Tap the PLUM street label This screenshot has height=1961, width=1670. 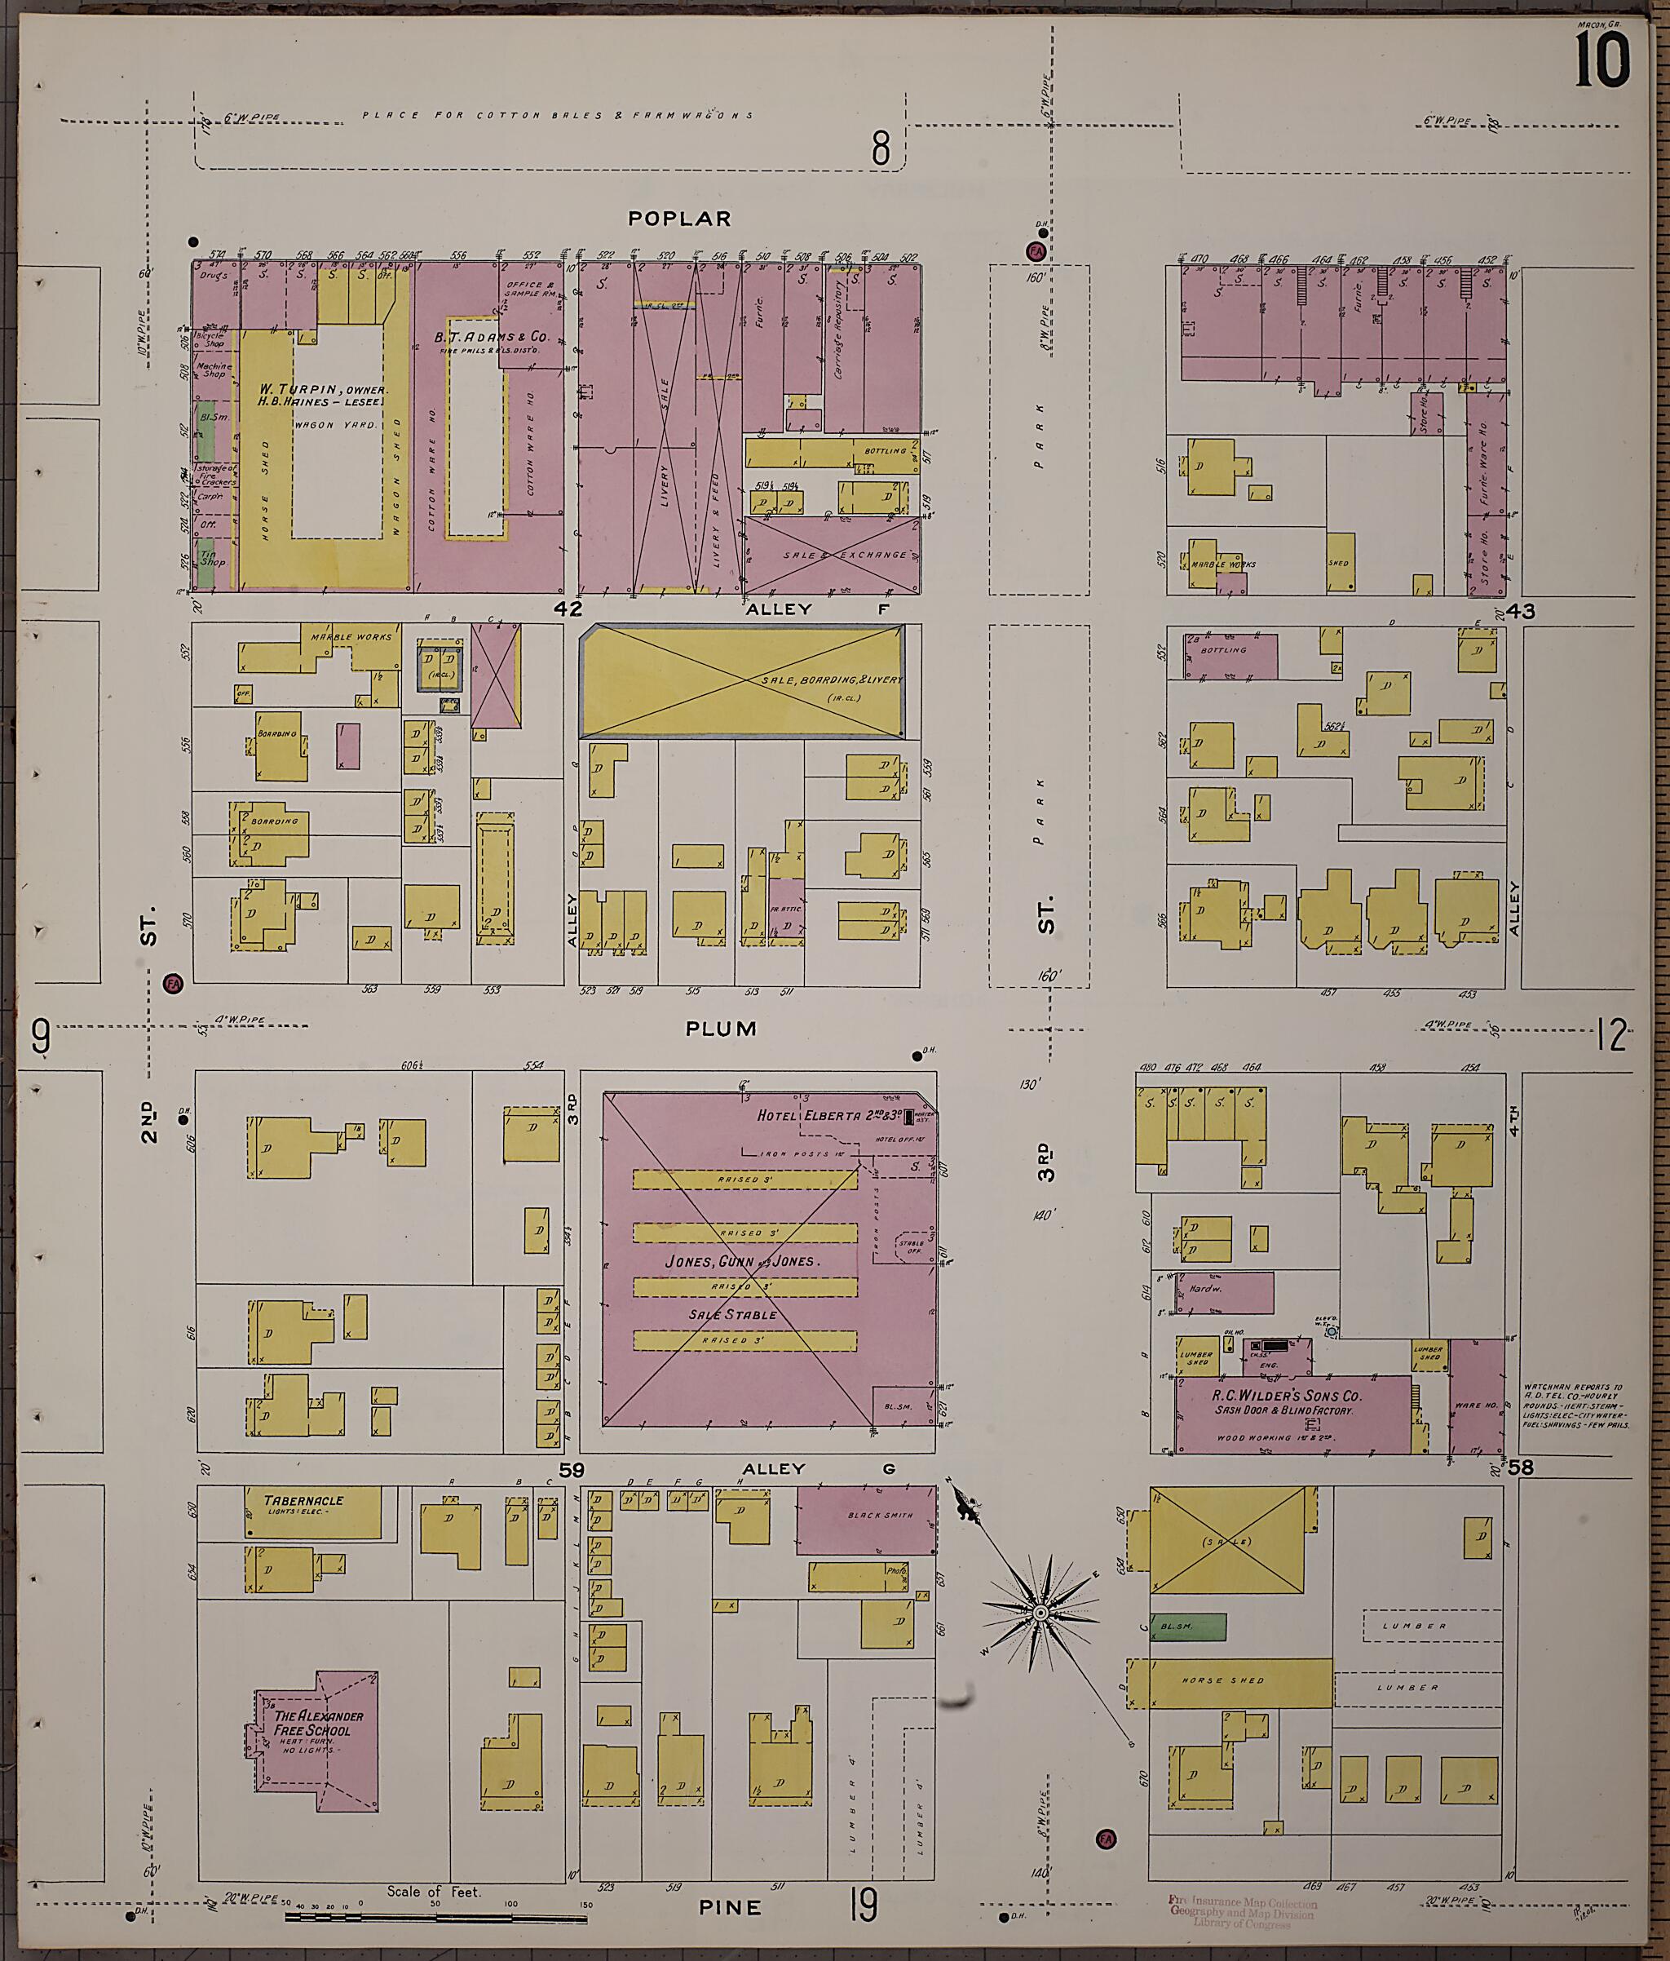pos(721,1029)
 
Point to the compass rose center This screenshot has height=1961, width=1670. pos(1040,1612)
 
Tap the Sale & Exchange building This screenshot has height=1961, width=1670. pos(831,555)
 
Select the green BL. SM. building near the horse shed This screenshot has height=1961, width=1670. pos(1187,1626)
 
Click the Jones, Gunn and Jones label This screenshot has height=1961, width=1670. pos(742,1262)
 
